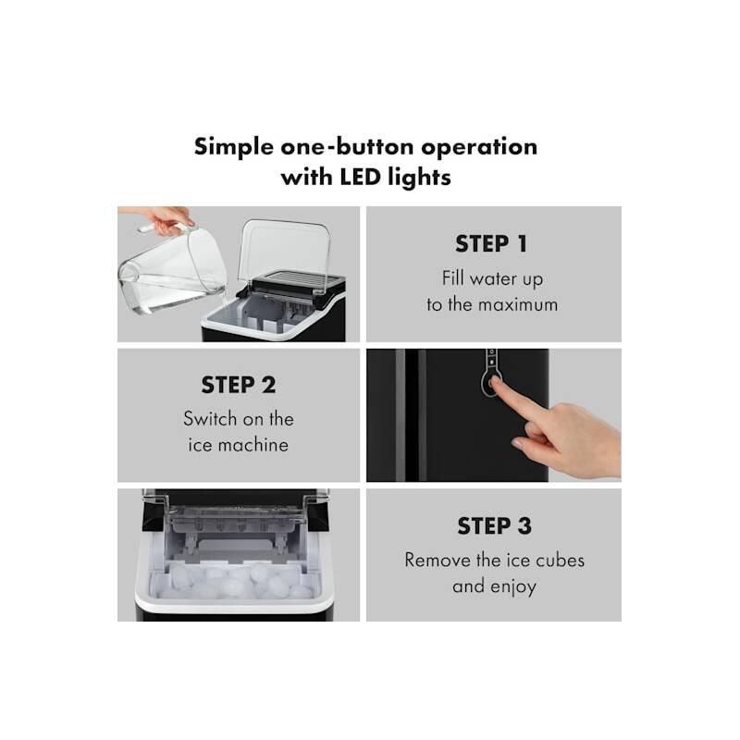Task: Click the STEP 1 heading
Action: tap(491, 244)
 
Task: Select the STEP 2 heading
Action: tap(239, 385)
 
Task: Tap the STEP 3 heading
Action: tap(494, 525)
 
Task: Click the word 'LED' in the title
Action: tap(360, 177)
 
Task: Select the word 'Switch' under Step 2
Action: tap(210, 419)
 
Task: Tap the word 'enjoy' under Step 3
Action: tap(513, 586)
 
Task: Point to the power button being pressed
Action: tap(491, 381)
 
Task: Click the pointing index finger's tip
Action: tap(494, 380)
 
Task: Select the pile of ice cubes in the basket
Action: tap(235, 581)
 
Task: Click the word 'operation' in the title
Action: tap(479, 147)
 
